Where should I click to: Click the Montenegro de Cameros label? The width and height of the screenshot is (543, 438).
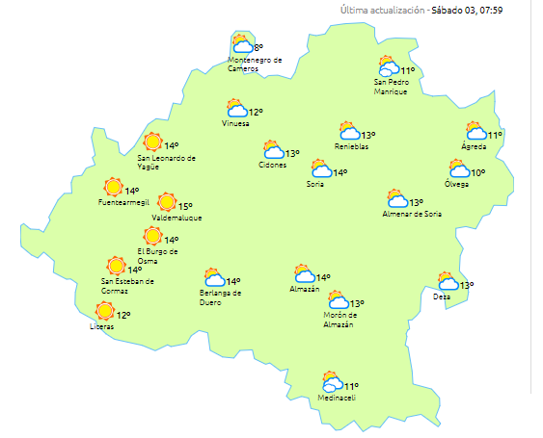click(x=255, y=64)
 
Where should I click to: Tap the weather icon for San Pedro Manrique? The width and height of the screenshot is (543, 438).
click(x=389, y=66)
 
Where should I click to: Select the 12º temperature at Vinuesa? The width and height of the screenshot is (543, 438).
click(x=256, y=112)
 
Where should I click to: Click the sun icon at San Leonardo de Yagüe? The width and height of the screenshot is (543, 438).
click(x=151, y=142)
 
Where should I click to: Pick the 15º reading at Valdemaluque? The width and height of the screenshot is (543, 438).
click(x=184, y=206)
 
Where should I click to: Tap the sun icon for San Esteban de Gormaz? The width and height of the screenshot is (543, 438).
click(x=117, y=266)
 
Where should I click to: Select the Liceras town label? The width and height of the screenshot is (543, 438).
click(x=101, y=327)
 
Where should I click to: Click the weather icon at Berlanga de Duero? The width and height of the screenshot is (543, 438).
click(x=214, y=278)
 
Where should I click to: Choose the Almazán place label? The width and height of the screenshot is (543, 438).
click(x=305, y=290)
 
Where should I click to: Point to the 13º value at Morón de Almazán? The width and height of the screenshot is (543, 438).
click(x=357, y=303)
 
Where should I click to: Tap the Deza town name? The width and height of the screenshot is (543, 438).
click(x=442, y=296)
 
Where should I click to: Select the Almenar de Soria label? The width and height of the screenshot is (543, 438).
click(x=414, y=214)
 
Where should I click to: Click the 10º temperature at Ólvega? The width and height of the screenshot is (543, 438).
click(x=478, y=173)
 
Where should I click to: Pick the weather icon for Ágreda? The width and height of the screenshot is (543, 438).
click(x=475, y=131)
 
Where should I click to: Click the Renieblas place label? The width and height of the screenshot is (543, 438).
click(x=352, y=146)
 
